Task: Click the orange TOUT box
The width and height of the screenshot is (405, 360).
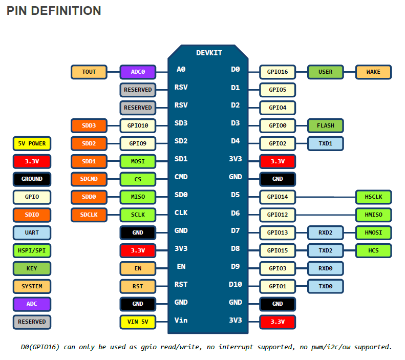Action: click(89, 72)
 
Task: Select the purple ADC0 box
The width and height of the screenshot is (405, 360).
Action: click(138, 72)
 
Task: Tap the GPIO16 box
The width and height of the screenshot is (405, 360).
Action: click(278, 72)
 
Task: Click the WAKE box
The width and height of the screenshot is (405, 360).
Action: click(373, 72)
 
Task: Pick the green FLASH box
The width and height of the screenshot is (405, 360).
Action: click(325, 125)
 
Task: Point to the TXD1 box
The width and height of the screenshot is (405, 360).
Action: click(325, 143)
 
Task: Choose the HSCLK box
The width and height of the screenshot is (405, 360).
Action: click(373, 197)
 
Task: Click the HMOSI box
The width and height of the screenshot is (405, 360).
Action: click(373, 232)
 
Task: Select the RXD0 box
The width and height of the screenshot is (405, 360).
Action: click(325, 268)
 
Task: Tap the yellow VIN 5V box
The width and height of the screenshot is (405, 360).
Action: click(138, 322)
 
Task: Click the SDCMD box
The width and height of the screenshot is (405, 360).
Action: click(89, 179)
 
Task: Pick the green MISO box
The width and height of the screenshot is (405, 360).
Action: click(138, 197)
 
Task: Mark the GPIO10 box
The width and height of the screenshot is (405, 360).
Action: click(138, 125)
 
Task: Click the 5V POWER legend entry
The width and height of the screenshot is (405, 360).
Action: click(32, 143)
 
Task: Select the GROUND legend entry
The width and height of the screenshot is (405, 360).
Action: click(32, 179)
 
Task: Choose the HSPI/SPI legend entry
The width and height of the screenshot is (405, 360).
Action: click(32, 250)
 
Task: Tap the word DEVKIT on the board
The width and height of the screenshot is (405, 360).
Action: click(209, 53)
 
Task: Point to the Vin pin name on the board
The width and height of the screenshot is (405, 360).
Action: click(181, 320)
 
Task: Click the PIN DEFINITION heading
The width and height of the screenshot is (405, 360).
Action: click(54, 11)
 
